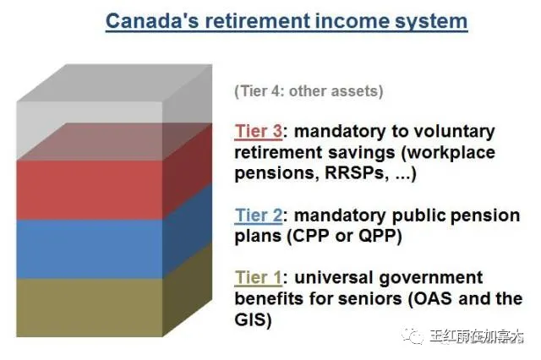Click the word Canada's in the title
pyautogui.click(x=152, y=20)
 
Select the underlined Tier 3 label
pyautogui.click(x=259, y=131)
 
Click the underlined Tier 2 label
pyautogui.click(x=259, y=215)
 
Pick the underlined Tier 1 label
pyautogui.click(x=258, y=277)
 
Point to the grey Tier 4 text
pyautogui.click(x=309, y=91)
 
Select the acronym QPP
pyautogui.click(x=377, y=237)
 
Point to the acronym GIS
pyautogui.click(x=250, y=319)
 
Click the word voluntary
pyautogui.click(x=454, y=132)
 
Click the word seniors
pyautogui.click(x=370, y=299)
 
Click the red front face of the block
pyautogui.click(x=90, y=190)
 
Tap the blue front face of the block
pyautogui.click(x=90, y=249)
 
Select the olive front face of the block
pyautogui.click(x=90, y=308)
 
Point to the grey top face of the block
pyautogui.click(x=114, y=83)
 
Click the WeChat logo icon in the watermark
pyautogui.click(x=412, y=335)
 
